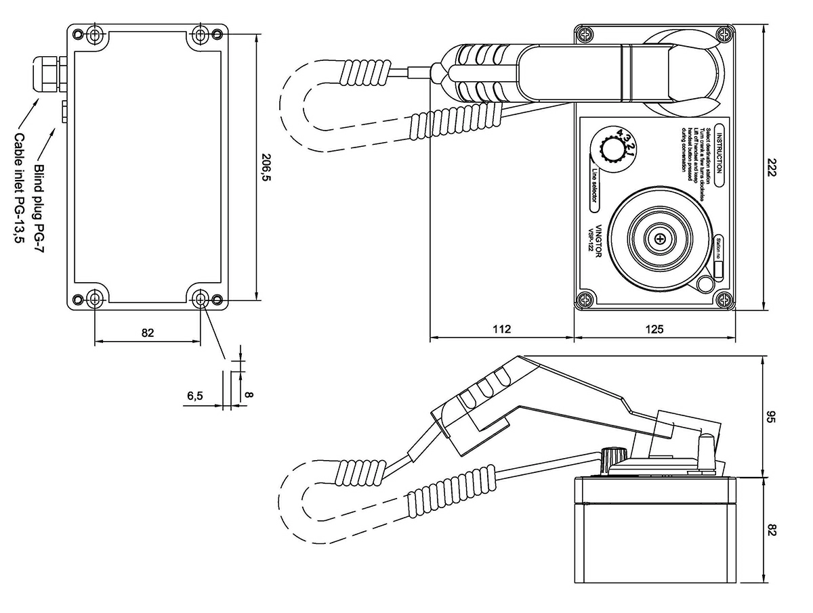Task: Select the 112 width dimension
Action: [501, 330]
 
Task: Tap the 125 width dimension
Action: [654, 330]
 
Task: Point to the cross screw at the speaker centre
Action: [659, 237]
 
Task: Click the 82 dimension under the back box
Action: [148, 332]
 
